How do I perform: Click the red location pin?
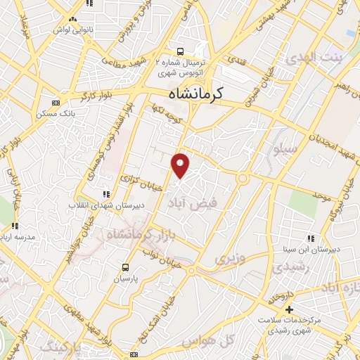pyautogui.click(x=181, y=165)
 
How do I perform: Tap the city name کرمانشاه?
pyautogui.click(x=205, y=94)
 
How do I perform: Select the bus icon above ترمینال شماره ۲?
pyautogui.click(x=181, y=51)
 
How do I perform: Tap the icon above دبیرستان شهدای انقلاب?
pyautogui.click(x=106, y=194)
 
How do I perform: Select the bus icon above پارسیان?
pyautogui.click(x=125, y=267)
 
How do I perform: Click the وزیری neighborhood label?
pyautogui.click(x=226, y=259)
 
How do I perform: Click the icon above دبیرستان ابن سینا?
pyautogui.click(x=311, y=238)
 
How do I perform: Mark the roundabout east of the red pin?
pyautogui.click(x=243, y=178)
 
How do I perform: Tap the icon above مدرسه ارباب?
pyautogui.click(x=15, y=226)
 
